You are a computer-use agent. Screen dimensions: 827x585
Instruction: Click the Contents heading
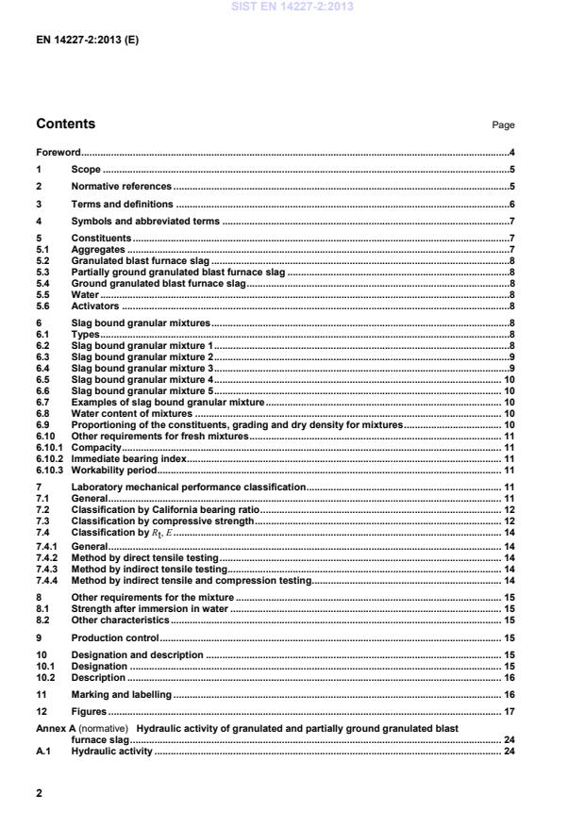[65, 124]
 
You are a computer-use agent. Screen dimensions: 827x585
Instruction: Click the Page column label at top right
[503, 125]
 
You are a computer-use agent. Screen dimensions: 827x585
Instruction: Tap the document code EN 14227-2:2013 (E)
[87, 41]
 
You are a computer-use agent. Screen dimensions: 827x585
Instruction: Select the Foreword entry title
[58, 152]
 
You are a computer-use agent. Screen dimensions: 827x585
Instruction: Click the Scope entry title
[86, 170]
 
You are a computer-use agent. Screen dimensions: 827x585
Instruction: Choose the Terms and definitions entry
[122, 204]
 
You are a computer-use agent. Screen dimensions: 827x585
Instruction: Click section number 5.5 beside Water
[42, 295]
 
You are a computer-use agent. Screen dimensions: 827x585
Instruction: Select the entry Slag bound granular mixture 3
[142, 368]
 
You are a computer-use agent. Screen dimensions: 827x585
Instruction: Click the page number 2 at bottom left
[40, 793]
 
